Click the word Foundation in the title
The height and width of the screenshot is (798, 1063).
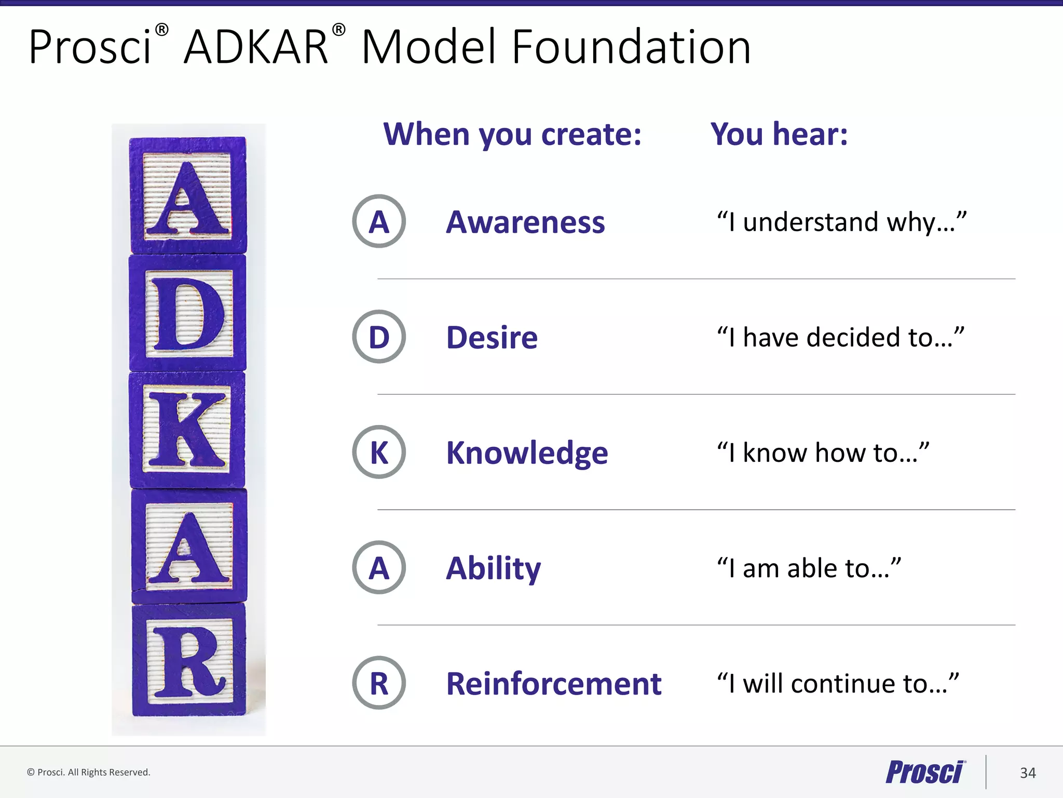tap(631, 48)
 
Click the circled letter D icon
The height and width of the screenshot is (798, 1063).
tap(379, 337)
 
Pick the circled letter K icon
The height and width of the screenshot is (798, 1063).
tap(379, 452)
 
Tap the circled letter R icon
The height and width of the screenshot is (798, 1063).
tap(379, 683)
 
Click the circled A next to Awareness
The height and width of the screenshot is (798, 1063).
tap(379, 221)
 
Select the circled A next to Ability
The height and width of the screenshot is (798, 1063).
tap(379, 567)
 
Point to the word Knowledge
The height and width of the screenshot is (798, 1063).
tap(527, 453)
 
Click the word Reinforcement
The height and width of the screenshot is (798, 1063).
tap(553, 684)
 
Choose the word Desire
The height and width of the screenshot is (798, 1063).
tap(492, 338)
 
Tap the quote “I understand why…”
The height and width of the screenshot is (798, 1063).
tap(841, 222)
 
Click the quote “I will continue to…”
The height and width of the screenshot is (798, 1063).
tap(837, 684)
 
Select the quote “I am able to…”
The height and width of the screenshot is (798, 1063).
tap(809, 568)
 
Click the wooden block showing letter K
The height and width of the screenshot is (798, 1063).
tap(187, 430)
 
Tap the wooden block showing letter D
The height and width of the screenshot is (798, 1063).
tap(187, 313)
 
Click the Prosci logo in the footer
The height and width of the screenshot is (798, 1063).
tap(925, 772)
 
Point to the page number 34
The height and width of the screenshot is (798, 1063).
tap(1027, 773)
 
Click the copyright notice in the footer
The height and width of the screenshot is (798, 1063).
tap(89, 772)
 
